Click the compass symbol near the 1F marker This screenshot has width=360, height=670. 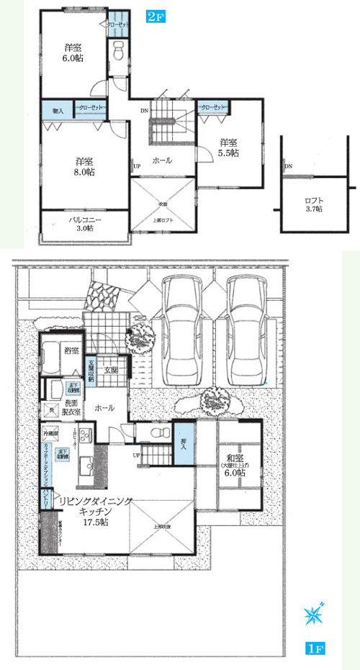(x=315, y=614)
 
